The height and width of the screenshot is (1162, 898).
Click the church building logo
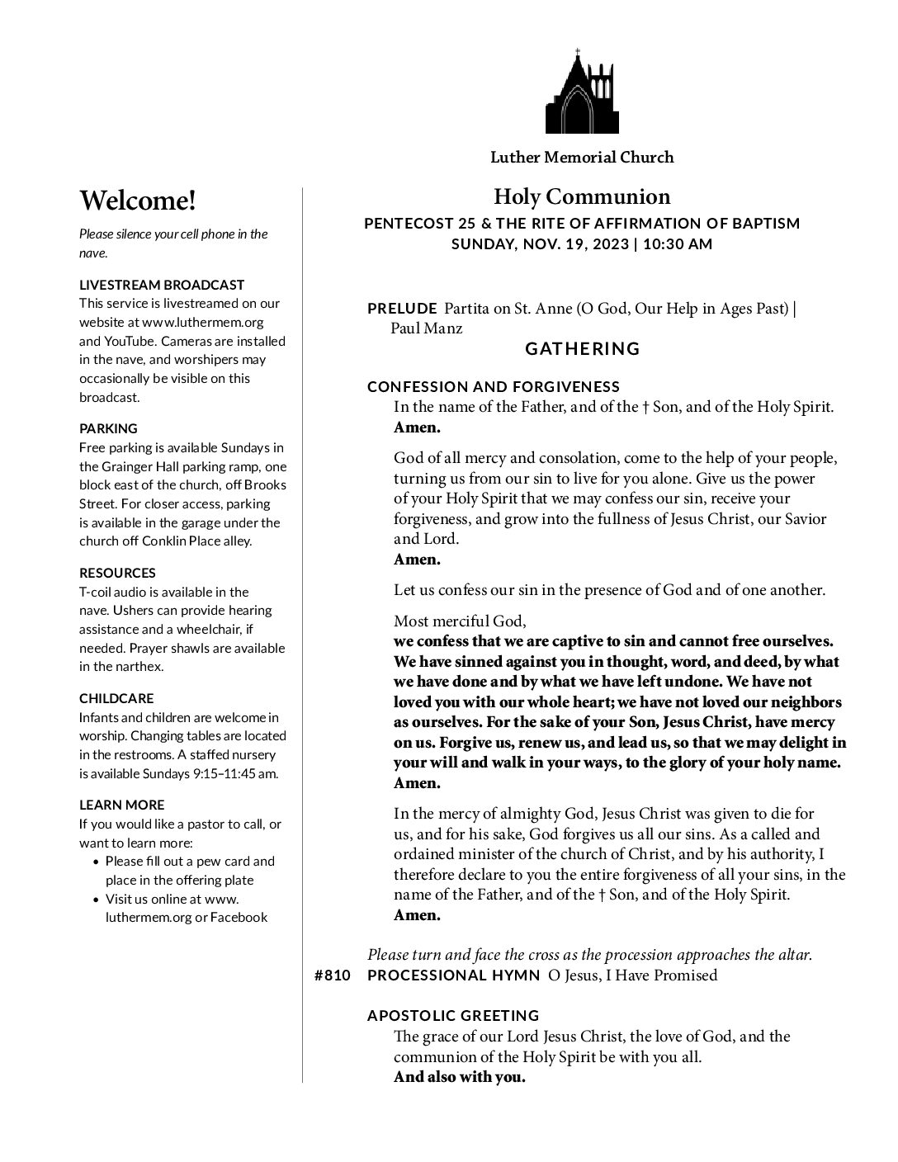click(x=582, y=92)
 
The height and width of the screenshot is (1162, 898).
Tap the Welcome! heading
click(x=138, y=201)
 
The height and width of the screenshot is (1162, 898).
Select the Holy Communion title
click(x=582, y=196)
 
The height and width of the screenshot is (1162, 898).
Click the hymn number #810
click(x=333, y=975)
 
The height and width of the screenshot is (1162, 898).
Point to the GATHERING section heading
click(x=583, y=348)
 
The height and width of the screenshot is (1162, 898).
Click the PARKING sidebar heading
click(x=108, y=428)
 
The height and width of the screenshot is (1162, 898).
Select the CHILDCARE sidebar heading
click(x=116, y=698)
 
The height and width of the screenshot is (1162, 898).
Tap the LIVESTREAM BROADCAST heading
click(x=162, y=285)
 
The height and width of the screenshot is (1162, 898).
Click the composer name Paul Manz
click(x=426, y=328)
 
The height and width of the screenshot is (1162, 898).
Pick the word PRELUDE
click(x=402, y=309)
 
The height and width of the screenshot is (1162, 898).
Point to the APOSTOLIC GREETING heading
click(x=453, y=1016)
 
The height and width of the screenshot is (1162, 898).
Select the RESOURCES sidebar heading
click(x=117, y=573)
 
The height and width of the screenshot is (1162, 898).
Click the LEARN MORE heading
click(x=121, y=805)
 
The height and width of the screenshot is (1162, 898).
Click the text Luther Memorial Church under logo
click(x=582, y=157)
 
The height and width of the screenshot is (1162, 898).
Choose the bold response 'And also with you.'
click(x=459, y=1077)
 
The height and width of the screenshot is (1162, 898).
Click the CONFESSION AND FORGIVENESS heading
click(x=493, y=387)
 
